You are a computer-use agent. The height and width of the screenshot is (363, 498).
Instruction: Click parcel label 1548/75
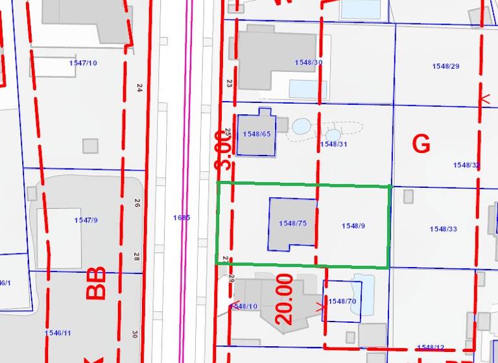[292, 223]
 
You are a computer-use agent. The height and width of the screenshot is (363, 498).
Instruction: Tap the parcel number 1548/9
[353, 226]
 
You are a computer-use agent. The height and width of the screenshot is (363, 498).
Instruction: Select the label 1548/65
[255, 134]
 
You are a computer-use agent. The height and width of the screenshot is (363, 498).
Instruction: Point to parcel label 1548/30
[308, 62]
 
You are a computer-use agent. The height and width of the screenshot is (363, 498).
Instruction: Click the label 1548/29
[445, 66]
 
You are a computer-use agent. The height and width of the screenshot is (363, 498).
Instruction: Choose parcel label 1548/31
[334, 144]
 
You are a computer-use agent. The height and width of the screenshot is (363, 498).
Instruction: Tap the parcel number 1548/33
[444, 229]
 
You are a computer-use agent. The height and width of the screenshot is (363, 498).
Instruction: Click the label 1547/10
[83, 62]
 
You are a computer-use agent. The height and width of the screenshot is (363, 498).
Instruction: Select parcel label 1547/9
[86, 220]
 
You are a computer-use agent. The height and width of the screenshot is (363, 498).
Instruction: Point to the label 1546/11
[58, 333]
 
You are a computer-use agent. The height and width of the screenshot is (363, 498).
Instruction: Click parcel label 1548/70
[342, 301]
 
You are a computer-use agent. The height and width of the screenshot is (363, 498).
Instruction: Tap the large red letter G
[421, 144]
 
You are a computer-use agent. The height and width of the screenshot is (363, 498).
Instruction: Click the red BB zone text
[96, 285]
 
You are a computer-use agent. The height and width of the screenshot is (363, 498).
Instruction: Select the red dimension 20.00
[285, 299]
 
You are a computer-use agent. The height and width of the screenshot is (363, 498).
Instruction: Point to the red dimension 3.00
[222, 150]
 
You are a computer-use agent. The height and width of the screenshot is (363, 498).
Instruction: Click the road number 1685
[182, 218]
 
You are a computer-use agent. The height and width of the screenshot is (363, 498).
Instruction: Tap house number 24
[139, 88]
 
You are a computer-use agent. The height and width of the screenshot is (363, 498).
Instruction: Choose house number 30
[135, 334]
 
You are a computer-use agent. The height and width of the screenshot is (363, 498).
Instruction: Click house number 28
[137, 257]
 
